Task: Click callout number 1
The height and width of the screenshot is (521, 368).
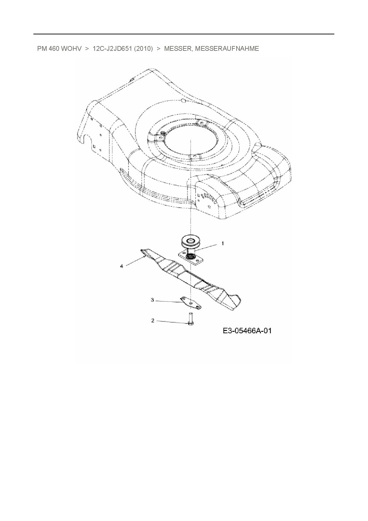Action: pyautogui.click(x=223, y=244)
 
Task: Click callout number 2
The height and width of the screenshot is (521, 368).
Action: pyautogui.click(x=153, y=321)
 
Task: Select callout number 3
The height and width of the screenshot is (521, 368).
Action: pyautogui.click(x=153, y=300)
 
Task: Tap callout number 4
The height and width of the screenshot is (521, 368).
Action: pyautogui.click(x=121, y=266)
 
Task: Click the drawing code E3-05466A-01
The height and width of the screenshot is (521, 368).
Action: pyautogui.click(x=247, y=331)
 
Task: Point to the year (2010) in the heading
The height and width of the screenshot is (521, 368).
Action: pyautogui.click(x=143, y=49)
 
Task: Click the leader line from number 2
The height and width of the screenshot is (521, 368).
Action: pyautogui.click(x=172, y=322)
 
